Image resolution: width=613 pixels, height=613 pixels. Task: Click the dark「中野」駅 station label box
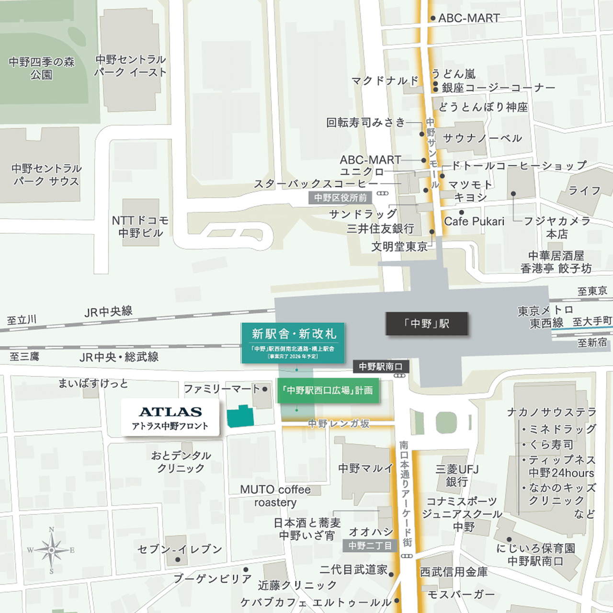click(x=427, y=324)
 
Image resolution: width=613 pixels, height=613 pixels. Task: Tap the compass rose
click(x=51, y=550)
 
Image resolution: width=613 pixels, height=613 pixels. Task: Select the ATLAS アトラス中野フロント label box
click(x=170, y=418)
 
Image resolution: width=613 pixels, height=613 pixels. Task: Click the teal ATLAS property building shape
click(x=240, y=416)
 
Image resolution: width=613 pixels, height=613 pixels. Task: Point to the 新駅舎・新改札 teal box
click(x=294, y=342)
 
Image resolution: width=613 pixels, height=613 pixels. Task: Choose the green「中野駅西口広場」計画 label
click(x=328, y=390)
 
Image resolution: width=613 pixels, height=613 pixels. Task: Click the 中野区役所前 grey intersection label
click(x=341, y=197)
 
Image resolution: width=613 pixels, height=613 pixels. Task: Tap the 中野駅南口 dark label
click(x=381, y=366)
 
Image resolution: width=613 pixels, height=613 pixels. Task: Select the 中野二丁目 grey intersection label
click(x=370, y=545)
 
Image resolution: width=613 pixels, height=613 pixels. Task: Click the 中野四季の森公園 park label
click(x=42, y=68)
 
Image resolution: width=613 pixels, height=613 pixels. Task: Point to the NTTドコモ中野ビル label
click(x=140, y=227)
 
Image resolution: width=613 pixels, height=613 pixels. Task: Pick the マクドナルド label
click(x=385, y=80)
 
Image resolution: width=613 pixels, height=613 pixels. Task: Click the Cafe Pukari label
click(x=474, y=221)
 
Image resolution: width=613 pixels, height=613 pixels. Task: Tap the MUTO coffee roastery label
click(x=275, y=496)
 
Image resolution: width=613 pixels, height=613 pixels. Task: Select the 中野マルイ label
click(x=366, y=468)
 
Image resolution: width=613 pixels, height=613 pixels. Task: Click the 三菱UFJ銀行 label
click(x=457, y=475)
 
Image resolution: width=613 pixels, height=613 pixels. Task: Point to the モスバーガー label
click(x=461, y=594)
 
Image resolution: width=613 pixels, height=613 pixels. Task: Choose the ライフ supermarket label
click(x=584, y=191)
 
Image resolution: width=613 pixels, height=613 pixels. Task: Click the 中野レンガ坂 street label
click(x=339, y=423)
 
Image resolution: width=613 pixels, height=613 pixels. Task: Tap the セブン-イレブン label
click(x=180, y=549)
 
